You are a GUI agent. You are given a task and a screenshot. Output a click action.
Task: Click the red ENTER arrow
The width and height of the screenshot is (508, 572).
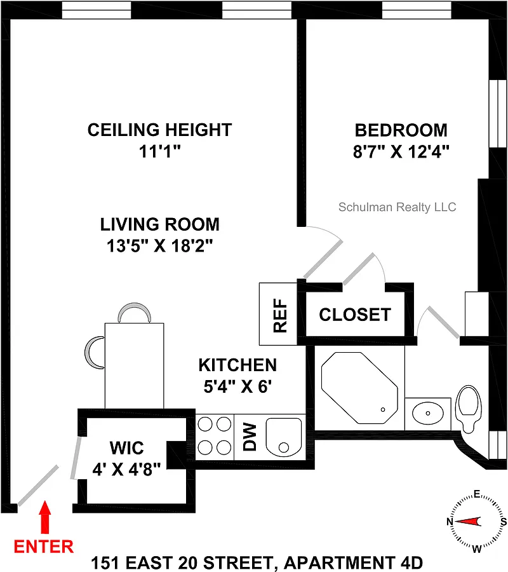[x=45, y=517]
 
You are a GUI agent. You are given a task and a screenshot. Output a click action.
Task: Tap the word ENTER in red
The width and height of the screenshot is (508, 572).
[x=44, y=547]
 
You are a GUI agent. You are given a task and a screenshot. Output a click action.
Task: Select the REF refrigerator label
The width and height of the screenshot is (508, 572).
[x=280, y=315]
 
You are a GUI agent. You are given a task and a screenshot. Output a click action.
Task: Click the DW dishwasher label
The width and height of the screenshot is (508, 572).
[x=250, y=437]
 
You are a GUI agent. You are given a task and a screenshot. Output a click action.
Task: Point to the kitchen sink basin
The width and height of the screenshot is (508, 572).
[x=284, y=437]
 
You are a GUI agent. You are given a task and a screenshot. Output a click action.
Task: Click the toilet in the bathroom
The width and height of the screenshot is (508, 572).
[x=469, y=409]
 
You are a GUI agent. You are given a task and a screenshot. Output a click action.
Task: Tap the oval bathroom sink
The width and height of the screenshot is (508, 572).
[x=428, y=413]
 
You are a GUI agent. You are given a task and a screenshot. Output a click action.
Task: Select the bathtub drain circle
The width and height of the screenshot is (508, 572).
[x=383, y=410]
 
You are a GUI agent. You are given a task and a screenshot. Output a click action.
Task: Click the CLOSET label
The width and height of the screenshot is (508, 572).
[x=355, y=315]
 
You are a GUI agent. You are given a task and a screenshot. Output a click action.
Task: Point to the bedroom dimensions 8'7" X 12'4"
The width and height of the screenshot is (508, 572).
[x=401, y=151]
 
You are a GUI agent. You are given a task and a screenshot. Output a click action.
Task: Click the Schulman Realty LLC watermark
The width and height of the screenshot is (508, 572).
[x=398, y=207]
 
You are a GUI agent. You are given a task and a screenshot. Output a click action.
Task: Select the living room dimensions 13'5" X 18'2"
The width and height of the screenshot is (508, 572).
[x=159, y=245]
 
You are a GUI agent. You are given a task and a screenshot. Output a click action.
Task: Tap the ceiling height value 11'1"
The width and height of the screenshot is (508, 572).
[x=159, y=151]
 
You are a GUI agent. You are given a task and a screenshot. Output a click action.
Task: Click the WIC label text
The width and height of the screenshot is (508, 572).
[x=127, y=448]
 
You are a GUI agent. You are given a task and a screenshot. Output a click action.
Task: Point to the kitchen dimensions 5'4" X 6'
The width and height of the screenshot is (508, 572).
[x=237, y=386]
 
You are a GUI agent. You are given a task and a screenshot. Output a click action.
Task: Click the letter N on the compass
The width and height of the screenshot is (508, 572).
[x=450, y=522]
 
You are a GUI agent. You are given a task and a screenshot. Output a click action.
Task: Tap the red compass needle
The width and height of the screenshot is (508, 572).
[x=468, y=522]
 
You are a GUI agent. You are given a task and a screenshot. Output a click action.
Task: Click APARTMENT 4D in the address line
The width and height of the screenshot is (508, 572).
[x=353, y=563]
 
